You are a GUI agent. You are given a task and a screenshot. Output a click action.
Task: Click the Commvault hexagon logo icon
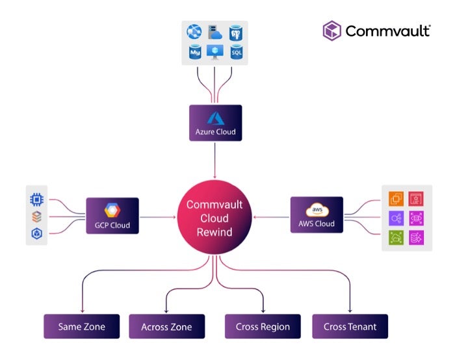point(332,31)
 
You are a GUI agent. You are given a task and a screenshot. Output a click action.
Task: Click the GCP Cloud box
point(112,216)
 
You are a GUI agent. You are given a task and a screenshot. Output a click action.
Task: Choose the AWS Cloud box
point(316,214)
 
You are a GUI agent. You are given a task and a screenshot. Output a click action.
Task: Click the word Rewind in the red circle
point(214,233)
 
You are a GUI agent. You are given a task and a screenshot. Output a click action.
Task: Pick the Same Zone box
point(81,326)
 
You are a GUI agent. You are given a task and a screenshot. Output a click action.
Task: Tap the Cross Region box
point(262,326)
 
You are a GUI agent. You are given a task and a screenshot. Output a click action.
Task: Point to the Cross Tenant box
point(350,326)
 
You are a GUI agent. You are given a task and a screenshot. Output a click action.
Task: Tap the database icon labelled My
point(194,51)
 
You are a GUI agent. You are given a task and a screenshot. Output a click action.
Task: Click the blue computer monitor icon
point(214,51)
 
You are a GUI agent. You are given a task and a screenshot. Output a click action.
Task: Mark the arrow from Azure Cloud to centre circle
point(215,160)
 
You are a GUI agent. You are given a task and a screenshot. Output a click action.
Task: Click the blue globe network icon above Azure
point(194,31)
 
